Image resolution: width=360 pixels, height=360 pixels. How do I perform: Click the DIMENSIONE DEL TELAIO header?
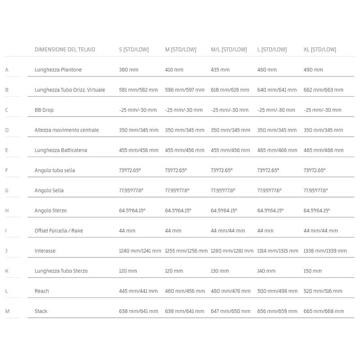[x=65, y=49]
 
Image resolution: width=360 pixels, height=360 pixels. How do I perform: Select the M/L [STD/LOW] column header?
[x=229, y=49]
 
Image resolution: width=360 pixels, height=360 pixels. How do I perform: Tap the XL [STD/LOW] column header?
[x=319, y=49]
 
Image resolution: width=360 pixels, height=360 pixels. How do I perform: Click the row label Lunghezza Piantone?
[x=58, y=70]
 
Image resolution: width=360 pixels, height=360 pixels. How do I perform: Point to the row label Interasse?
[x=45, y=251]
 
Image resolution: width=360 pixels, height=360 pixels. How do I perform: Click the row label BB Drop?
[x=44, y=110]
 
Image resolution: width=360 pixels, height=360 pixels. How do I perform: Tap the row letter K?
[x=6, y=271]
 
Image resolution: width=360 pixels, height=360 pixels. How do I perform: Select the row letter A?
[x=6, y=70]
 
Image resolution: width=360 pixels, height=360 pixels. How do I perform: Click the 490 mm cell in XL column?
[x=313, y=70]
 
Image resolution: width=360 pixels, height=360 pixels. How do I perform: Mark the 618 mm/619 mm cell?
[x=230, y=90]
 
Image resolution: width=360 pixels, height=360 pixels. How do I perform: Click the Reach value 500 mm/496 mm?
[x=277, y=291]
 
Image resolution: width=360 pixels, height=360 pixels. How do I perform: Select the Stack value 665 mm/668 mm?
[x=324, y=311]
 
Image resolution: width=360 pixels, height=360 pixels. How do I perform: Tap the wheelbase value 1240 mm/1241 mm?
[x=139, y=251]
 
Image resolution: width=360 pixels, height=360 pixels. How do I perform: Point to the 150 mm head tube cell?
[x=313, y=271]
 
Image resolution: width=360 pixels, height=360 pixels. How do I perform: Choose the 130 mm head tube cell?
[x=220, y=271]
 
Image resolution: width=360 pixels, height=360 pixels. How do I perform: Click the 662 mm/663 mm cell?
[x=324, y=90]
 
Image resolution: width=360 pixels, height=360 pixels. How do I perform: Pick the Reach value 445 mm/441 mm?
[x=138, y=291]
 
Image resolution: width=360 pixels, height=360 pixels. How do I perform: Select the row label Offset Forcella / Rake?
[x=59, y=231]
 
